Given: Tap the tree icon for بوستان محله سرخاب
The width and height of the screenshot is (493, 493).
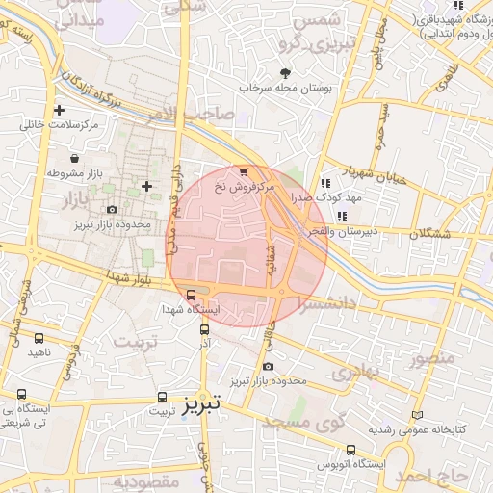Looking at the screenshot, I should (285, 72).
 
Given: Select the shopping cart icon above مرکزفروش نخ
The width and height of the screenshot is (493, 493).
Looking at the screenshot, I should (243, 170).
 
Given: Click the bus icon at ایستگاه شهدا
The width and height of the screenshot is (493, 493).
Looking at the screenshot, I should (191, 296).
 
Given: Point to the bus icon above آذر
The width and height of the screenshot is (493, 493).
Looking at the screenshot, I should (202, 328).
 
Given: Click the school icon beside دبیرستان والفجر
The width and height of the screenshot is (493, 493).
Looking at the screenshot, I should (342, 216).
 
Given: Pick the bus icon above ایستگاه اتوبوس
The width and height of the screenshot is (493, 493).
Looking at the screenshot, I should (350, 449).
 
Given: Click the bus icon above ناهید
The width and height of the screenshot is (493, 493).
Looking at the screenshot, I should (39, 339).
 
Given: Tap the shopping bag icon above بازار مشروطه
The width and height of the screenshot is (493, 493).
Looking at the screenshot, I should (74, 158).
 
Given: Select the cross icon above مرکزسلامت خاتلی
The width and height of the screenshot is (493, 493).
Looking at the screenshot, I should (61, 110).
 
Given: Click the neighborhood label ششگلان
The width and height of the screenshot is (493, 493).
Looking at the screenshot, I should (437, 232).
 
